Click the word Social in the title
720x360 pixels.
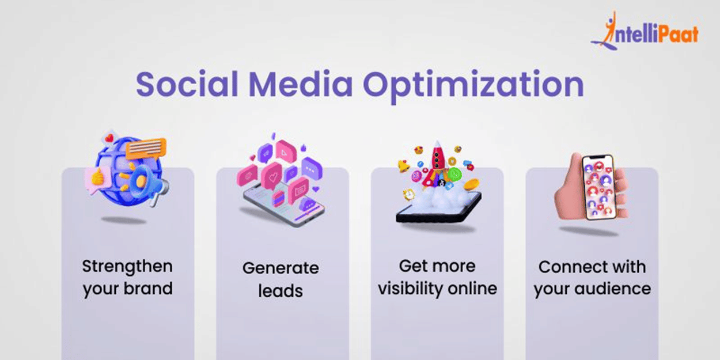click(187, 84)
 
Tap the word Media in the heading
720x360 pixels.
click(301, 84)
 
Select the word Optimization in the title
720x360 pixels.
click(473, 86)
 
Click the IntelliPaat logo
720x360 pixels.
click(645, 31)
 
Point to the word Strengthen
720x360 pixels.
click(127, 267)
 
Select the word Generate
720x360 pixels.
click(281, 268)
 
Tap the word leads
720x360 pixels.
click(281, 290)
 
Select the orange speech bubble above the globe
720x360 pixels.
click(146, 149)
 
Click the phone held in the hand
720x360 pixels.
click(599, 187)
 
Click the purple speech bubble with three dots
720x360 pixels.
click(312, 168)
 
